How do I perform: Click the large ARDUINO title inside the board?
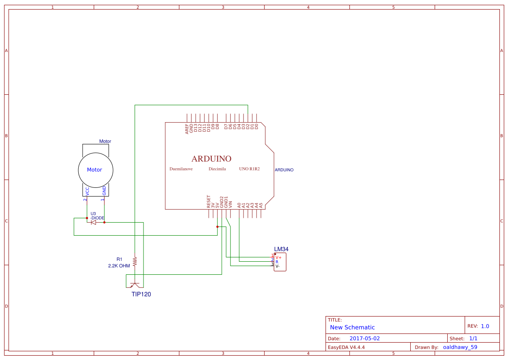(x=211, y=159)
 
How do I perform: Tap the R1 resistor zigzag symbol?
(x=135, y=261)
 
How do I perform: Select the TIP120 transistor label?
(x=141, y=294)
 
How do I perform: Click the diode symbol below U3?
(x=93, y=222)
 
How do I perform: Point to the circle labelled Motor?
(x=95, y=170)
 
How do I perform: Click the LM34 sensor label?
(x=281, y=249)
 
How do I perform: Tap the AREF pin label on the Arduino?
(x=187, y=129)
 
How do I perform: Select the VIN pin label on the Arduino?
(x=230, y=203)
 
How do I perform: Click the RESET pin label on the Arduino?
(x=209, y=200)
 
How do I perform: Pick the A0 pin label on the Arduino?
(x=239, y=204)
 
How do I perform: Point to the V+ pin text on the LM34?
(x=278, y=257)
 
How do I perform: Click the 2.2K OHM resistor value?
(x=119, y=265)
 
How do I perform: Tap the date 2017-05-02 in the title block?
(x=365, y=338)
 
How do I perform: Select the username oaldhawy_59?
(x=460, y=347)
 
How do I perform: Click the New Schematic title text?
(x=352, y=327)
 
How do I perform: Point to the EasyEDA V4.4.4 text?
(x=346, y=347)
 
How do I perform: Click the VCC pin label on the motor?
(x=87, y=191)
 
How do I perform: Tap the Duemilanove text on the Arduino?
(x=181, y=169)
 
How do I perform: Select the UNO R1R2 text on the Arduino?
(x=249, y=169)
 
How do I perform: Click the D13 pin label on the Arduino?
(x=196, y=128)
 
